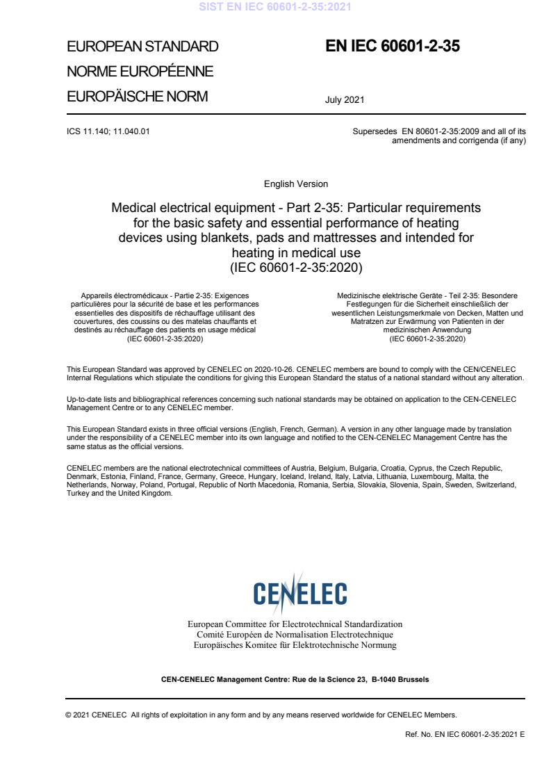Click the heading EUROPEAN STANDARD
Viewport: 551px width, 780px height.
pyautogui.click(x=142, y=47)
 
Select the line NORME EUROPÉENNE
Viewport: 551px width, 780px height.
pyautogui.click(x=140, y=72)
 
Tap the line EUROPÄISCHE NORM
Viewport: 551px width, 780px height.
pyautogui.click(x=137, y=97)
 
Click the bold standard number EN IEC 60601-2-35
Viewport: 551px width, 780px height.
pyautogui.click(x=393, y=47)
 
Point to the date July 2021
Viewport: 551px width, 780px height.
pyautogui.click(x=345, y=100)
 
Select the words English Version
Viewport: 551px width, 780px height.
pyautogui.click(x=296, y=184)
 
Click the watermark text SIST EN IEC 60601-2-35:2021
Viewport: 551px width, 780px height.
pyautogui.click(x=275, y=8)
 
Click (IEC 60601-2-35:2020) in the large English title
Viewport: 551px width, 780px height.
pyautogui.click(x=296, y=266)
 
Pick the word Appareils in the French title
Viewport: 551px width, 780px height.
pyautogui.click(x=98, y=295)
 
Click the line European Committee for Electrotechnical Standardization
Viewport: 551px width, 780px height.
pyautogui.click(x=295, y=624)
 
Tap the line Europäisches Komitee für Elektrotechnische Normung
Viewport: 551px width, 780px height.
pyautogui.click(x=295, y=645)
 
